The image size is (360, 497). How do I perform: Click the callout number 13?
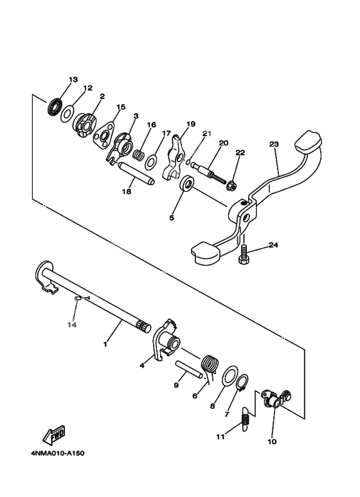click(x=73, y=79)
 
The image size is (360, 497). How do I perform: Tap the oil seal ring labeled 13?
click(x=55, y=106)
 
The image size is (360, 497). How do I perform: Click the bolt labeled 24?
click(x=244, y=255)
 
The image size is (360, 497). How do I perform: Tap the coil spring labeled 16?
click(x=138, y=154)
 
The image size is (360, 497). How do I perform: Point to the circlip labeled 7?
click(x=241, y=385)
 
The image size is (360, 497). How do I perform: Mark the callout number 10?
click(x=271, y=442)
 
